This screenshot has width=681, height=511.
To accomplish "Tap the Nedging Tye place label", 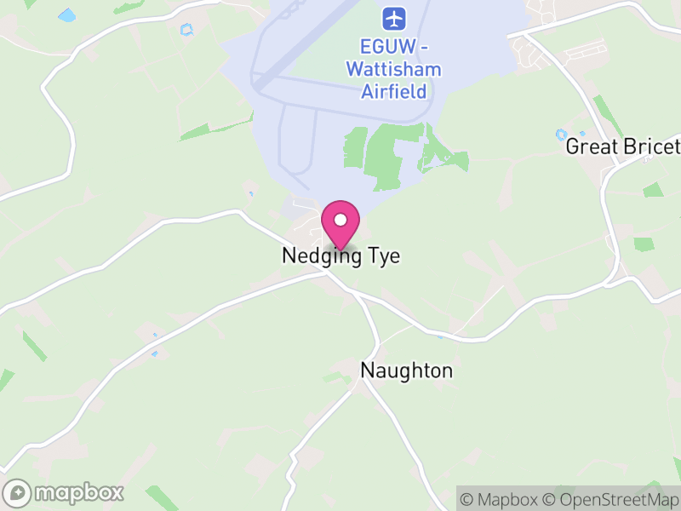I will (x=340, y=255).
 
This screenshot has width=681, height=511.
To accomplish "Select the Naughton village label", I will (x=407, y=370).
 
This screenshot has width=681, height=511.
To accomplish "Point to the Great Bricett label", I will (x=623, y=146).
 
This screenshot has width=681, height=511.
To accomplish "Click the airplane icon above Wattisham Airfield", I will (x=392, y=17).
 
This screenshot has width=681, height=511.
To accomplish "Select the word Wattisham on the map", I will (x=393, y=69).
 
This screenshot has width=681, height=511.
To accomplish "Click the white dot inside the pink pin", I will (x=340, y=220).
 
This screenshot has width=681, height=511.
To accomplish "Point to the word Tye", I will (x=382, y=255).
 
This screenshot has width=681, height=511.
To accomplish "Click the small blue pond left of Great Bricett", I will (x=561, y=134).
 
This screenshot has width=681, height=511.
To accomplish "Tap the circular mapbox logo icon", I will (x=18, y=492).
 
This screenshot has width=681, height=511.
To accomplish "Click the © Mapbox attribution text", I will (x=501, y=499).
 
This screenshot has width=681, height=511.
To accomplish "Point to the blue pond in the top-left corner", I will (x=66, y=15).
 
